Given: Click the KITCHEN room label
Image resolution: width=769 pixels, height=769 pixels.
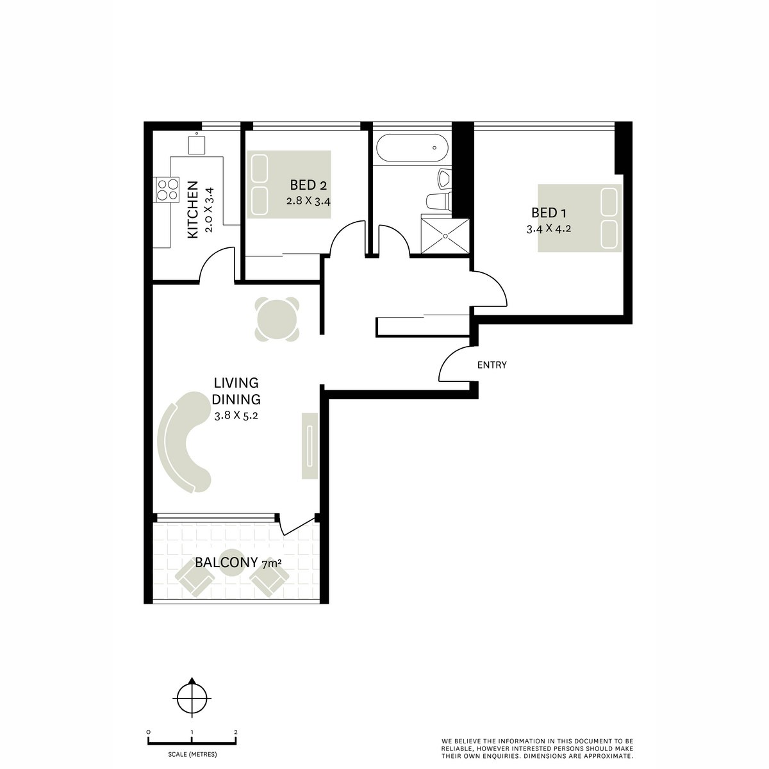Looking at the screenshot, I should [x=192, y=210].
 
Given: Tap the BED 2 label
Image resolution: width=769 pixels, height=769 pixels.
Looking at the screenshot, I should [x=308, y=186].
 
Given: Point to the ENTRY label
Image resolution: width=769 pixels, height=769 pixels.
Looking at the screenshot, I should [x=492, y=365].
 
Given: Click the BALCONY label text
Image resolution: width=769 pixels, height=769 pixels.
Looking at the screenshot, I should [x=226, y=563].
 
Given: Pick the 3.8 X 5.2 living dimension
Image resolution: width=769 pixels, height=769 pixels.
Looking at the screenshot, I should [x=237, y=415].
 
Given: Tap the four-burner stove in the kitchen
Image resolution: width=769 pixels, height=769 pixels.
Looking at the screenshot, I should [x=167, y=189].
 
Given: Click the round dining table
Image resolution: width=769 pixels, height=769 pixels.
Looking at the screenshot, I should [x=277, y=318].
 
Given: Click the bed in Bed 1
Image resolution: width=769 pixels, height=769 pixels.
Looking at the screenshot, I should [x=579, y=218].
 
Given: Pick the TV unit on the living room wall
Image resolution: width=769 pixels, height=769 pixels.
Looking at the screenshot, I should [x=310, y=445].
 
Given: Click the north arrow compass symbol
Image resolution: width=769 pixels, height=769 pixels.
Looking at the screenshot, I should [x=191, y=695].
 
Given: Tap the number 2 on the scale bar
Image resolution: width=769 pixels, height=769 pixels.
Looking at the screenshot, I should [x=236, y=731].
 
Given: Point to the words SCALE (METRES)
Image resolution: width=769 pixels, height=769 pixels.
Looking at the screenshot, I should [x=192, y=754].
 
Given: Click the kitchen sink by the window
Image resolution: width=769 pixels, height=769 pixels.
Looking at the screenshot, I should [x=197, y=144].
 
